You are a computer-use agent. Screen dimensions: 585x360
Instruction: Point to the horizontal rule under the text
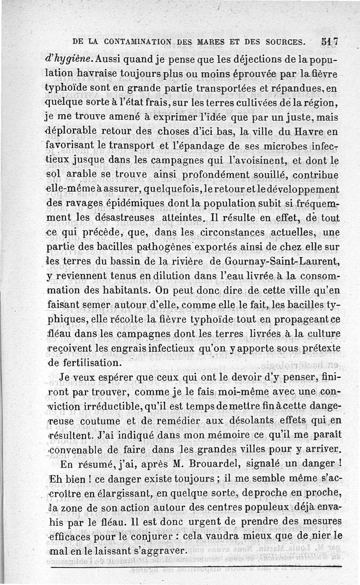[196, 567]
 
